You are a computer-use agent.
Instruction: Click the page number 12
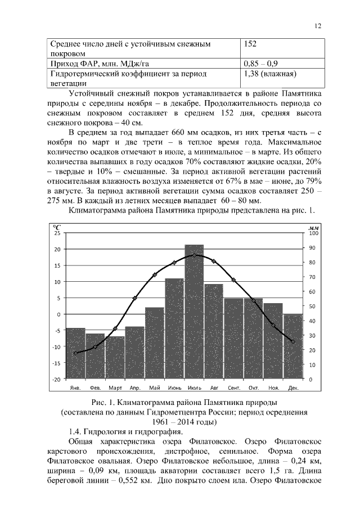click(x=318, y=26)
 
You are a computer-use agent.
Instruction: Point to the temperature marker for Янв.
click(x=75, y=353)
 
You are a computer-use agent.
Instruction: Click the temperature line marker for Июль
click(x=194, y=255)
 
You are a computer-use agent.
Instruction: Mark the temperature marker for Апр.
click(x=134, y=298)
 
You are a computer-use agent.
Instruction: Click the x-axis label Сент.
click(x=234, y=388)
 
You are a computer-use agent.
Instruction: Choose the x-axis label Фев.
click(x=95, y=388)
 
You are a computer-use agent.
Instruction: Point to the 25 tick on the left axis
click(x=57, y=233)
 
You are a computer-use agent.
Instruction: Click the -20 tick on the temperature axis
click(x=56, y=379)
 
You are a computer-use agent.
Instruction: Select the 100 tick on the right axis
click(x=314, y=233)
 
